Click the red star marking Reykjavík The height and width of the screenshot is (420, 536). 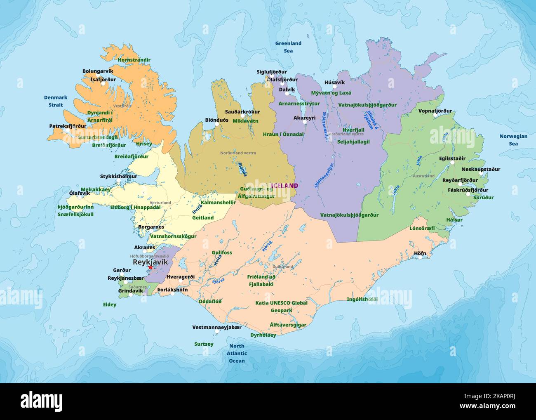[150, 267]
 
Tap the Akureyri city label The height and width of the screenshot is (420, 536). [304, 118]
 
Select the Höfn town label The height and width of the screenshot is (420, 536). [420, 253]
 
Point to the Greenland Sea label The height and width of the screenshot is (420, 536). [288, 47]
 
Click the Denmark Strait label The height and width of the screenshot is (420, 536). [56, 101]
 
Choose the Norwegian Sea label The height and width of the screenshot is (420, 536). [513, 140]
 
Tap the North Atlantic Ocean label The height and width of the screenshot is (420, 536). [237, 353]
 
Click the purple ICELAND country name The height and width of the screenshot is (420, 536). [284, 186]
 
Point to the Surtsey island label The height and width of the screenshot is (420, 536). [204, 344]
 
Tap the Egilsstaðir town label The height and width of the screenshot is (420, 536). [452, 158]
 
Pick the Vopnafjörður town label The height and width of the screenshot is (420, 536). [435, 111]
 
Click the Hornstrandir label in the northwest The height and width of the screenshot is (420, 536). [134, 60]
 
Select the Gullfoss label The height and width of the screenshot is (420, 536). [222, 252]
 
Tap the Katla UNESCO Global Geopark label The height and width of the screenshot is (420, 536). [281, 306]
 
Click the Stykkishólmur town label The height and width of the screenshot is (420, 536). [119, 176]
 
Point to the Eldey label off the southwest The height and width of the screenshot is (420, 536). [110, 304]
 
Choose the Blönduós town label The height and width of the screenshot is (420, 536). [217, 120]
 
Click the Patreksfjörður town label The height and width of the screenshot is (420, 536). [68, 126]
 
